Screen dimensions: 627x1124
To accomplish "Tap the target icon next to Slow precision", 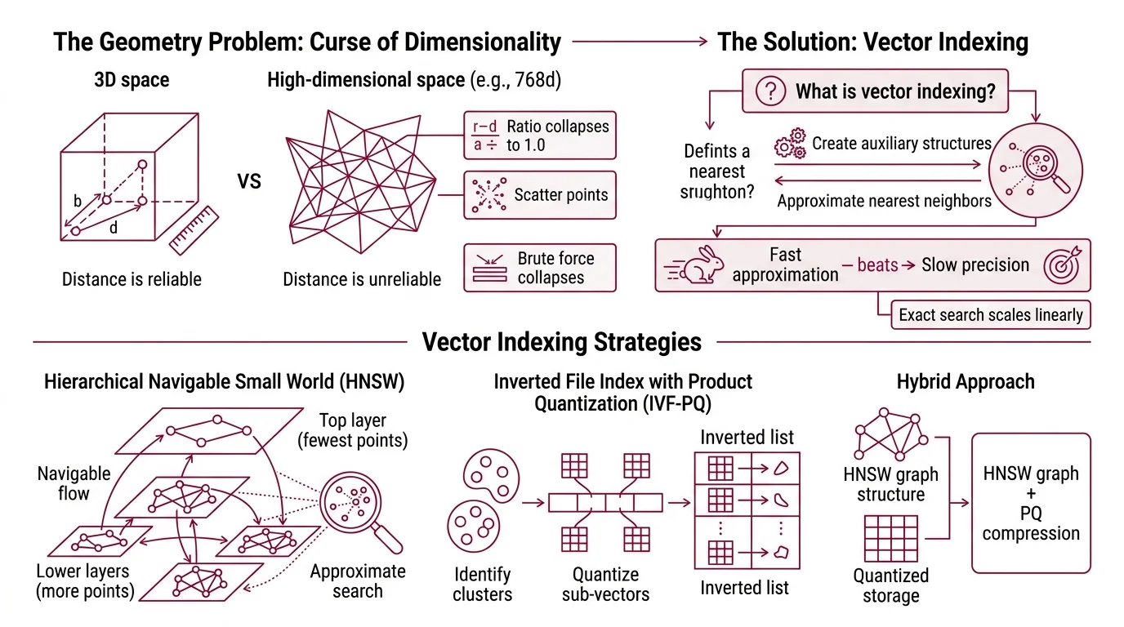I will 1064,265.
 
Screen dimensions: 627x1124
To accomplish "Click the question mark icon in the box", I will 770,91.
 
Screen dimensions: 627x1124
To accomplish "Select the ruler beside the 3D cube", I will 195,230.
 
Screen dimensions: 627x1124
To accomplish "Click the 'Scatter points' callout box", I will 539,194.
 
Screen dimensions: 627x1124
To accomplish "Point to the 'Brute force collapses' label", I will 555,268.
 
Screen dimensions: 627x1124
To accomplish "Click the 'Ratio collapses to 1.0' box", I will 539,136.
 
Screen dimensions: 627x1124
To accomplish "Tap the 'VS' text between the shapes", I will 249,180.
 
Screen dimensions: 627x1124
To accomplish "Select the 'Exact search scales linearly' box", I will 990,314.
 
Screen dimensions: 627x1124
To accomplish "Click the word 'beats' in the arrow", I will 877,265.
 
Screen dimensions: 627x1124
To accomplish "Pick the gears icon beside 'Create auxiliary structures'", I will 788,145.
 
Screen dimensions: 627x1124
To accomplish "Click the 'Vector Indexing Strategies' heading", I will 561,341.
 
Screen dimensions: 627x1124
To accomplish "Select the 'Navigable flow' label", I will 74,483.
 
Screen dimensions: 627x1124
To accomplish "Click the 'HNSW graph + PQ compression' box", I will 1031,503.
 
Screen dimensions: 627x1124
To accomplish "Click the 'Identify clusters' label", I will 482,585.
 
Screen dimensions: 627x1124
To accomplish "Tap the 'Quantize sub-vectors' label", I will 605,585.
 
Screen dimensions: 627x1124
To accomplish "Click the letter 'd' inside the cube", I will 114,228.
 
